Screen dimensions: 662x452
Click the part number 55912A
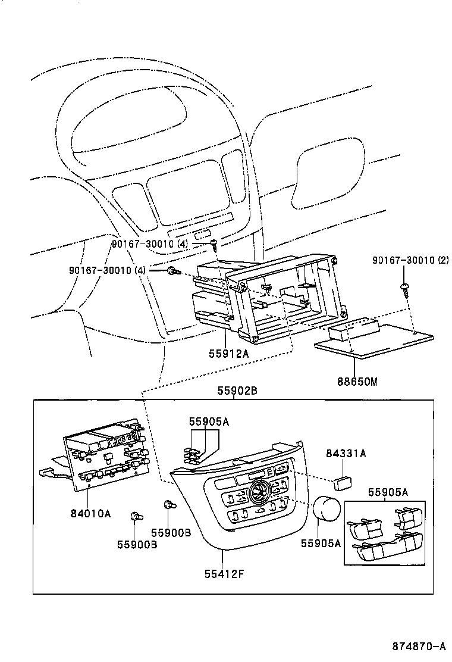pos(228,354)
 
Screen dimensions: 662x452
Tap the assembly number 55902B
pos(236,392)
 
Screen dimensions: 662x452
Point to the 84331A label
pos(346,454)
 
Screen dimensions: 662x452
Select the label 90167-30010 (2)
pos(411,260)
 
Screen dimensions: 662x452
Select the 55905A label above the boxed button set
pos(388,492)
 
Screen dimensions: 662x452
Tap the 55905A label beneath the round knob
pos(321,542)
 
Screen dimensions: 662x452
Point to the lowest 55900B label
pos(137,544)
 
